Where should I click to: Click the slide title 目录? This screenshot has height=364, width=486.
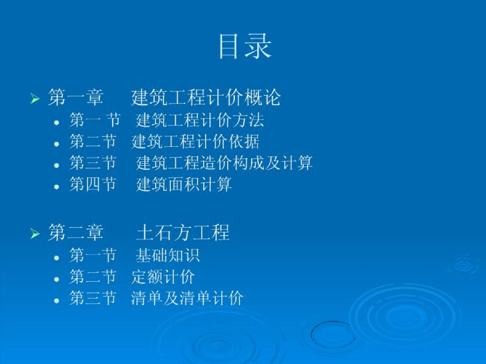[x=245, y=46]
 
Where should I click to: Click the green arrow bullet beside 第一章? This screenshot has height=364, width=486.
[x=35, y=99]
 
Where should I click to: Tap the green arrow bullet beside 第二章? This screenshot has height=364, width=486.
[x=35, y=234]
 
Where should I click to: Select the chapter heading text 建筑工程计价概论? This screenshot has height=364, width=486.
[x=206, y=97]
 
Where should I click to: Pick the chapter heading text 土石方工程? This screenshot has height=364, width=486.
[x=183, y=232]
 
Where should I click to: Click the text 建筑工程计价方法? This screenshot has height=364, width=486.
[x=200, y=120]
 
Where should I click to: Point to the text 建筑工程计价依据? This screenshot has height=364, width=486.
[x=195, y=141]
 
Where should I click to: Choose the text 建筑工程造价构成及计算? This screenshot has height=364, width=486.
[x=224, y=163]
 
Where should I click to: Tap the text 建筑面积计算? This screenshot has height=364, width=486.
[x=184, y=184]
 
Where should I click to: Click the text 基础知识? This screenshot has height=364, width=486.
[x=168, y=255]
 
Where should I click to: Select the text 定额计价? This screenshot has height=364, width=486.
[x=163, y=277]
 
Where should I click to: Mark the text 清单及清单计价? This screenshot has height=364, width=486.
[x=187, y=298]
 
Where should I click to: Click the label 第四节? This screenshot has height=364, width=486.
[x=93, y=184]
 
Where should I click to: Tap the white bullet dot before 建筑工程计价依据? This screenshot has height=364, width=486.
[x=56, y=144]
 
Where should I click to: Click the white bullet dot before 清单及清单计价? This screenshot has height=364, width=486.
[x=56, y=300]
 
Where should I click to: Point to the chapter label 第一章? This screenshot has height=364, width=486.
[x=75, y=97]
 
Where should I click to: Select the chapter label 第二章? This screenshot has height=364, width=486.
[x=75, y=232]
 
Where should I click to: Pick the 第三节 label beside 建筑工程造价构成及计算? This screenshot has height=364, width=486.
[x=93, y=163]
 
